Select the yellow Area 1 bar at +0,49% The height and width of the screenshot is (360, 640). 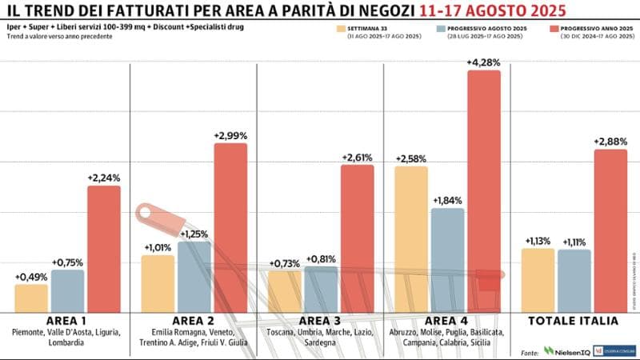[x=31, y=298]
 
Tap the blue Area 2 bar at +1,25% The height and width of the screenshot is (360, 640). [x=194, y=276]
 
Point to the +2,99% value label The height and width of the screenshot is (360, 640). [x=230, y=136]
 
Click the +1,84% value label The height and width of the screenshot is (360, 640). [x=446, y=201]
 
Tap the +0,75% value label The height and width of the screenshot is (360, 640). [x=67, y=262]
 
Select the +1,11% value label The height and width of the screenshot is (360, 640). [x=574, y=242]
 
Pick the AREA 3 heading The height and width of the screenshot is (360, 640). [x=319, y=321]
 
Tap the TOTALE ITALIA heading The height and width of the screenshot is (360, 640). [x=574, y=321]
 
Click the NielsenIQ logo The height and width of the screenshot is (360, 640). [x=566, y=350]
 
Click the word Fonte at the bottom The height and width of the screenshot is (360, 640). [x=529, y=351]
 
